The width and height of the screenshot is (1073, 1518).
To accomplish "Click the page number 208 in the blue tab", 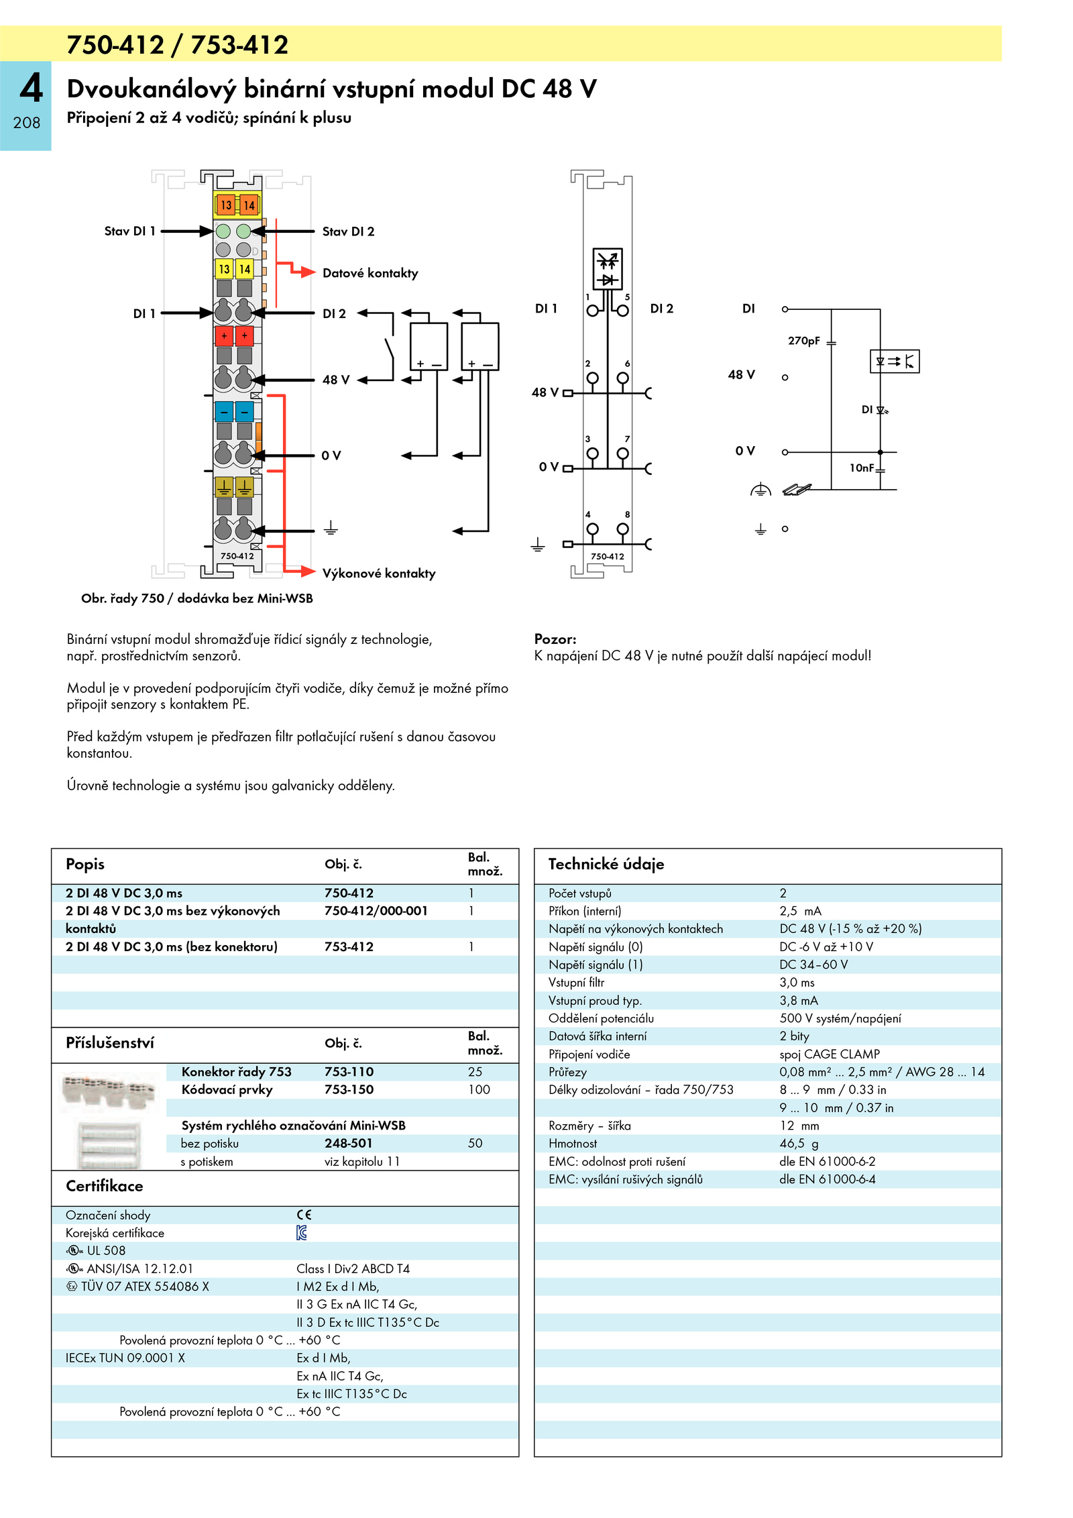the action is pos(27,123).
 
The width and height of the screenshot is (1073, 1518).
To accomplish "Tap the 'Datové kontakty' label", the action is pos(370,273).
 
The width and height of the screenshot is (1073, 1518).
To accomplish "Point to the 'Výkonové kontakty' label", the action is pos(379,574).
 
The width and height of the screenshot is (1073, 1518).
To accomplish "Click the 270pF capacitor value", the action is pos(803,341).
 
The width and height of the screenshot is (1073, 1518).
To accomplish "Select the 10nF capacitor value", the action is pos(862,468).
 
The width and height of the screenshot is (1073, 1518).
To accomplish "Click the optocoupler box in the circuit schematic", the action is pos(895,362).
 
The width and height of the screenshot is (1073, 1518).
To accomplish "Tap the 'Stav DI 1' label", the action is pos(129,231).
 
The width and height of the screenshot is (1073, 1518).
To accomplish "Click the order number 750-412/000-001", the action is pos(376,911).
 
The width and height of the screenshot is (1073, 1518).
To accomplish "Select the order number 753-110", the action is pos(349,1072).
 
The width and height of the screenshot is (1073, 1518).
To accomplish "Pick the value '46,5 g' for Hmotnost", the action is pos(799,1144).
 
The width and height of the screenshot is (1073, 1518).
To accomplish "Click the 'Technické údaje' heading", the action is pos(606,864).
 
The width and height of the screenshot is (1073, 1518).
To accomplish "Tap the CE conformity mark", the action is pos(304,1215).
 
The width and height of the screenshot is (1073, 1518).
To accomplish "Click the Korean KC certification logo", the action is pos(302,1233).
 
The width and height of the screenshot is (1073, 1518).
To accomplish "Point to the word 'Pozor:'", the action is pos(555,639).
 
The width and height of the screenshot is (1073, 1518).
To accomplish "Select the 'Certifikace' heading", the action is pos(104,1186).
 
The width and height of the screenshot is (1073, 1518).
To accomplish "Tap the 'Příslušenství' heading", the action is pos(110,1043).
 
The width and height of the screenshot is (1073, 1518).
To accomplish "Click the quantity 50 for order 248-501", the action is pos(475,1144).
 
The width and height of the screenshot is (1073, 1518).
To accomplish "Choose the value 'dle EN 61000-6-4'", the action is pos(828,1179).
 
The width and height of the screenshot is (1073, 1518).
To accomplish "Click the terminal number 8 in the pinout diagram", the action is pos(628,514).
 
